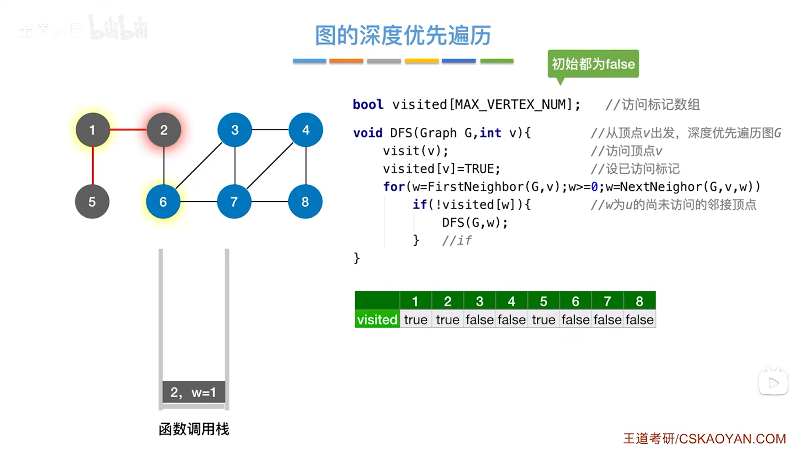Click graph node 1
click(92, 130)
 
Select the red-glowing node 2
click(164, 130)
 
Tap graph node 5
click(92, 202)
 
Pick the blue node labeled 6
click(163, 202)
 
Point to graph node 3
click(235, 130)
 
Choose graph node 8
click(305, 202)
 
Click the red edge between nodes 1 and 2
click(128, 129)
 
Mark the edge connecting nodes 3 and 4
click(270, 129)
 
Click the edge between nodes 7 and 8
click(270, 202)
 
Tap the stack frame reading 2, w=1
click(193, 392)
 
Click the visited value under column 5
click(543, 320)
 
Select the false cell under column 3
click(479, 320)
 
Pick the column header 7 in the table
click(607, 301)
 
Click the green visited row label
click(377, 320)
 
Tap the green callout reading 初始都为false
click(593, 64)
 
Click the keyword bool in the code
click(368, 104)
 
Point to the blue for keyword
click(394, 186)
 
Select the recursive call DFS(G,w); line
click(475, 222)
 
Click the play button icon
click(773, 383)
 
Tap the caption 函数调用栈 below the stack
click(194, 429)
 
